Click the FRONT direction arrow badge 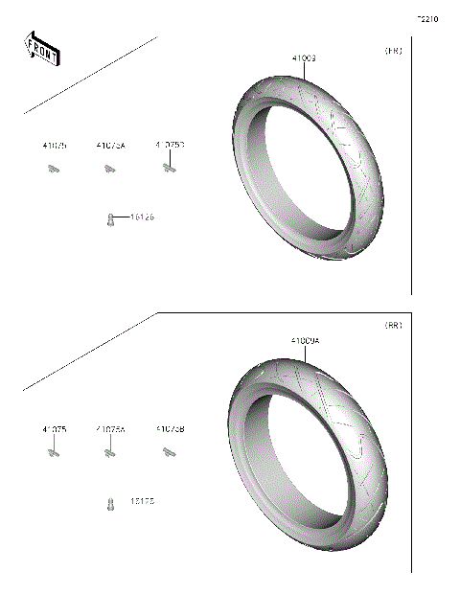(41, 49)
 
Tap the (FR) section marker (394, 50)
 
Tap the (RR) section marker (393, 326)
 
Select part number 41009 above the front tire (304, 58)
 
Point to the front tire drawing (311, 168)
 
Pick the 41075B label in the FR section (170, 145)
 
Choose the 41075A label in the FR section (110, 146)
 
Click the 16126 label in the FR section (142, 217)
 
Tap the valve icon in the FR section (111, 218)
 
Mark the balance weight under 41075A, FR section (110, 170)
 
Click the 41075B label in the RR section (170, 429)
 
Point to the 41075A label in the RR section (110, 429)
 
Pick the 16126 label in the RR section (142, 501)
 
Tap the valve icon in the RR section (111, 502)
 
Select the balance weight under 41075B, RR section (170, 452)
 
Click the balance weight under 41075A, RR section (110, 453)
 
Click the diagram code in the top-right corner (427, 18)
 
